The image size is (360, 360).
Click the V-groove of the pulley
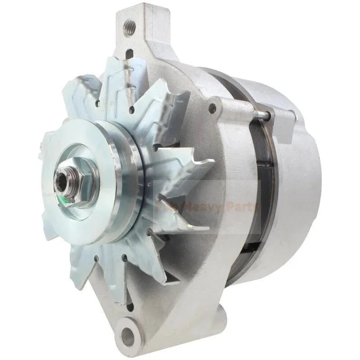(x=130, y=180)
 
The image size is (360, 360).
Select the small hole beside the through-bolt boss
(x=212, y=108)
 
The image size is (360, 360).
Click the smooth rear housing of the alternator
(x=297, y=180)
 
